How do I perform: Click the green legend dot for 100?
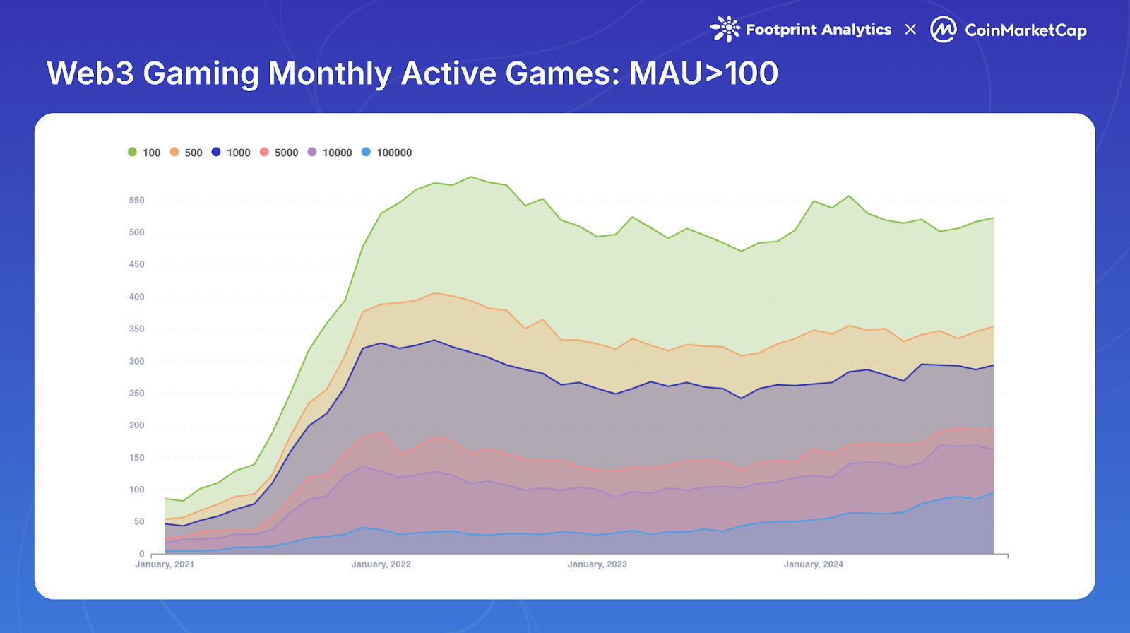[132, 152]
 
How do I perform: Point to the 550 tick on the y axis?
[136, 201]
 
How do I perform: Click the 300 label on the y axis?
[136, 361]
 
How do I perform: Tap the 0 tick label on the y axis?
[141, 554]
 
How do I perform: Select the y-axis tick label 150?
[136, 458]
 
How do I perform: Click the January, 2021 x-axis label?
[165, 564]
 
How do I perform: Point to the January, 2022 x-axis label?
[381, 564]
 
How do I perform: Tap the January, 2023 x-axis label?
[597, 564]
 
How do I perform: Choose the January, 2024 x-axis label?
[813, 564]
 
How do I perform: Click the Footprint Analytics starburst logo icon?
[725, 29]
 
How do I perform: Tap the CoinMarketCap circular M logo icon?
[943, 30]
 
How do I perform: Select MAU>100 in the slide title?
[703, 73]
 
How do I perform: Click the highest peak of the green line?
[471, 177]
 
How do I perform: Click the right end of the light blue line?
[994, 492]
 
